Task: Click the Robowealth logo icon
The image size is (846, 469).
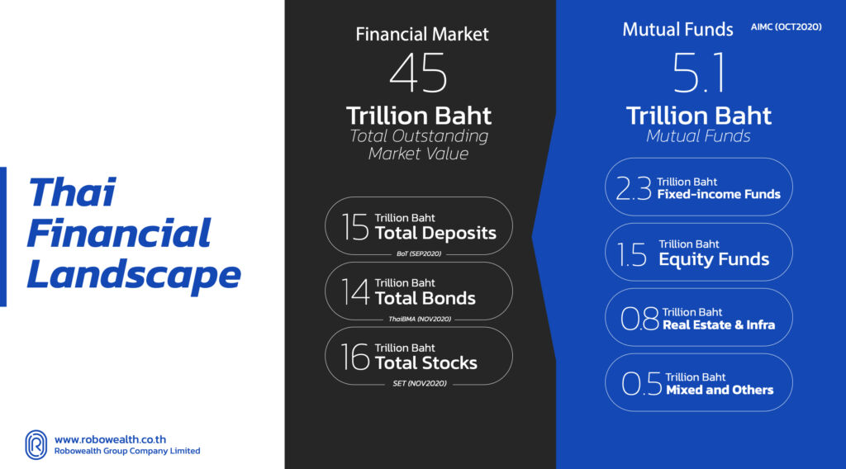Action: [x=36, y=445]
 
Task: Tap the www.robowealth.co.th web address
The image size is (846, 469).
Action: [x=110, y=439]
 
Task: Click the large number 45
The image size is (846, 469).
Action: [x=419, y=72]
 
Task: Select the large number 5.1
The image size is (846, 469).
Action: [x=699, y=72]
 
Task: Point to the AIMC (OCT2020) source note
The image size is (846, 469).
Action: [x=787, y=27]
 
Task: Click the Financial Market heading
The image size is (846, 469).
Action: [x=422, y=34]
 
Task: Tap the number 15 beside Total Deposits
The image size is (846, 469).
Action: [x=355, y=226]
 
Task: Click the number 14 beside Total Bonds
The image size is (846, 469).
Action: [x=355, y=291]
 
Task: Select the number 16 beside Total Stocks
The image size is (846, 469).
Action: [x=355, y=357]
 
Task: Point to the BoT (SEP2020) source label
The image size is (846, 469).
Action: [x=419, y=254]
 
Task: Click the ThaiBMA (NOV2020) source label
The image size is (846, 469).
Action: [x=420, y=320]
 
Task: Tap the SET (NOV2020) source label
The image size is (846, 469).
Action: [x=420, y=384]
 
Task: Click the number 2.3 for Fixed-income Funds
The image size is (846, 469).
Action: [x=634, y=188]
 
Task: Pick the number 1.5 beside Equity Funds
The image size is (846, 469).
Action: [x=631, y=254]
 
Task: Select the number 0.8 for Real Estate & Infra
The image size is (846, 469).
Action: [x=640, y=318]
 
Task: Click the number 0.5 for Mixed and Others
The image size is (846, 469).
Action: [x=641, y=383]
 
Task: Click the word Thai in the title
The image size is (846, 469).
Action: [x=71, y=192]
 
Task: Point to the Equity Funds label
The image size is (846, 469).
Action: [x=714, y=259]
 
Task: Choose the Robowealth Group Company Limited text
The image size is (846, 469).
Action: [x=126, y=451]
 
